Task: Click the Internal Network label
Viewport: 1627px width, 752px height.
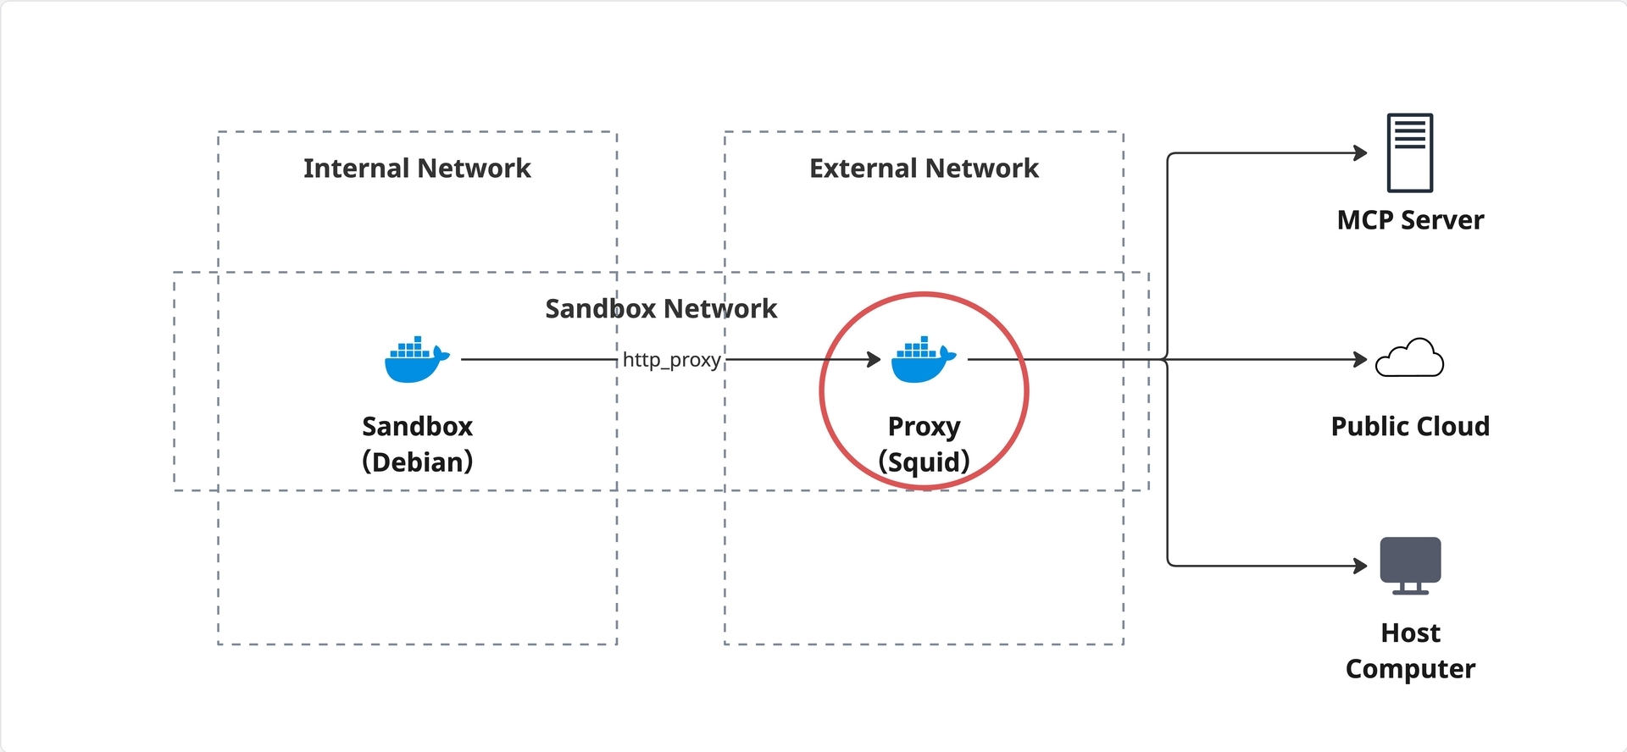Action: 417,169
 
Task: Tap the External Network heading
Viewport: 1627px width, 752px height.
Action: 924,169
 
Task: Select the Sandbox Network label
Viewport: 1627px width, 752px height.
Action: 661,309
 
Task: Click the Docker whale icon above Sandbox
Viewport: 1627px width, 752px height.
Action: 417,360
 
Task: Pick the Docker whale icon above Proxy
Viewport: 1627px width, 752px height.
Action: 924,360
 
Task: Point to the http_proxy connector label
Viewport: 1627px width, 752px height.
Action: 672,360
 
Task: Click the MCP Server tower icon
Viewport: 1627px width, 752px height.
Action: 1410,152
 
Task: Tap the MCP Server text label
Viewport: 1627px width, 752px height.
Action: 1410,220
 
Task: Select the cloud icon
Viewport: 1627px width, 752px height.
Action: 1409,357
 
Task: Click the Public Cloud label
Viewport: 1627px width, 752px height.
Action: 1410,426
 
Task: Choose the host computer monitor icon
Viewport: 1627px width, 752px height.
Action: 1410,565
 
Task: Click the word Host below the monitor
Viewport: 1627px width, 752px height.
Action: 1410,633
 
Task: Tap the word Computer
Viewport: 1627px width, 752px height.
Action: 1410,669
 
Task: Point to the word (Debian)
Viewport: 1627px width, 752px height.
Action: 417,462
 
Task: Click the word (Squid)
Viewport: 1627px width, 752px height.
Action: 924,462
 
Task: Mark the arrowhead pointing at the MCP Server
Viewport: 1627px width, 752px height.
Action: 1361,153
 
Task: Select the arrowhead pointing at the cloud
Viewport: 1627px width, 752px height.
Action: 1361,360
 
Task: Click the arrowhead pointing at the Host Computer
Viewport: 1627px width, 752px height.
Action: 1361,566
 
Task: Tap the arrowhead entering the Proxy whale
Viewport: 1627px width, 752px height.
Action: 875,360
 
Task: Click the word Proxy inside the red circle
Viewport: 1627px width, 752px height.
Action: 924,427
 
